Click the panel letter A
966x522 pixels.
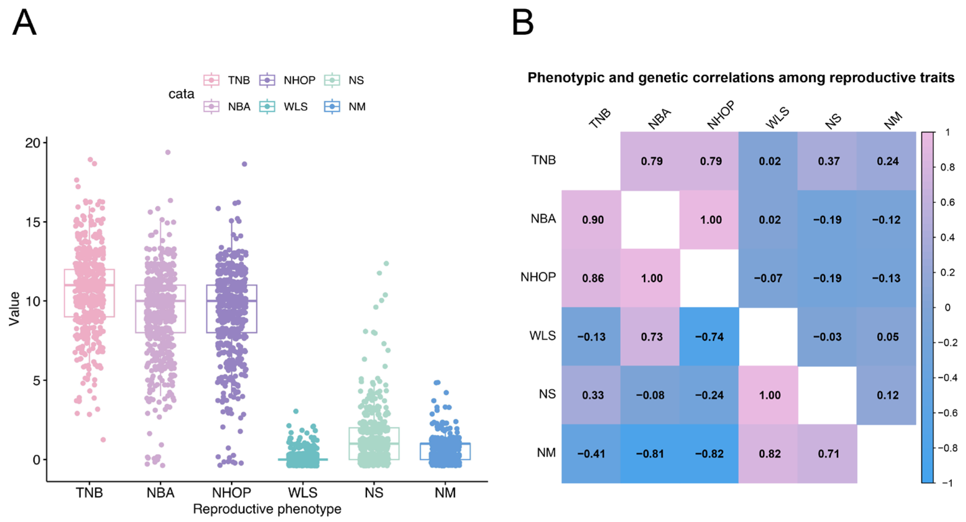(x=24, y=23)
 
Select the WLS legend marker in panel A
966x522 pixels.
(x=267, y=107)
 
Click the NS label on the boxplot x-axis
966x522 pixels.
(x=374, y=492)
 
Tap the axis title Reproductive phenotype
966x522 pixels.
(x=267, y=509)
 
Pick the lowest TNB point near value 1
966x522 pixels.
(x=103, y=439)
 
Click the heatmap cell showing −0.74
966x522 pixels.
(x=709, y=336)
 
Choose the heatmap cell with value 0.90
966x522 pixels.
(x=592, y=220)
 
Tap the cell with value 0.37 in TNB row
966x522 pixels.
(x=828, y=161)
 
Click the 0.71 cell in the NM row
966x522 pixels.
(x=828, y=454)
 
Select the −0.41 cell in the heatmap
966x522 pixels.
(x=591, y=454)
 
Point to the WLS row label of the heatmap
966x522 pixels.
(x=542, y=335)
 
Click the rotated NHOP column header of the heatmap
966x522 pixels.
(x=720, y=115)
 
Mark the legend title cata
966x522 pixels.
(x=181, y=94)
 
